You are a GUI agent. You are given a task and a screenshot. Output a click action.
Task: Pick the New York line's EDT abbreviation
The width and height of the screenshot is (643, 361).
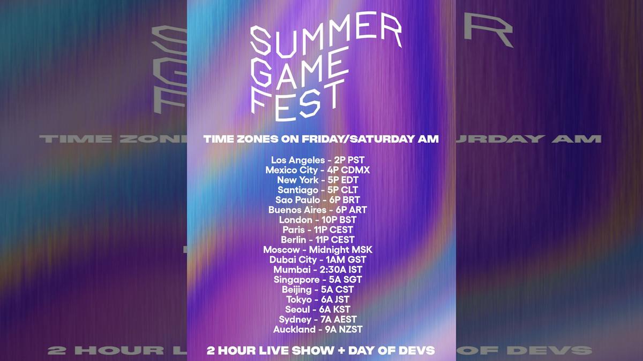coord(348,180)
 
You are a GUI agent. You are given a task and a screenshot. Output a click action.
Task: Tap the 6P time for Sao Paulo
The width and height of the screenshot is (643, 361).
coord(336,199)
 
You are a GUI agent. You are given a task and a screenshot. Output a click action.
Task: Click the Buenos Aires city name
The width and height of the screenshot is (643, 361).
coord(297,210)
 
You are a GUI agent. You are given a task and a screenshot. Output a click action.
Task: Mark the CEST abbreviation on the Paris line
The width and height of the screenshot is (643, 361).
coord(341,230)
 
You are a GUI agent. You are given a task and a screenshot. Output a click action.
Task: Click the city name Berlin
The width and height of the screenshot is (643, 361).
coord(294,240)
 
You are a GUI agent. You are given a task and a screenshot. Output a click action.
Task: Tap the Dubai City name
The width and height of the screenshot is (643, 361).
coord(294,260)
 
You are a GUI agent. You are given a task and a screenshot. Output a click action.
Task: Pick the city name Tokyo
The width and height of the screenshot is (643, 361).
coord(299,299)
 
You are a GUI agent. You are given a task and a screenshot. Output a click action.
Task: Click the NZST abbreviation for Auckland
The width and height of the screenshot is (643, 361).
coord(352,329)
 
